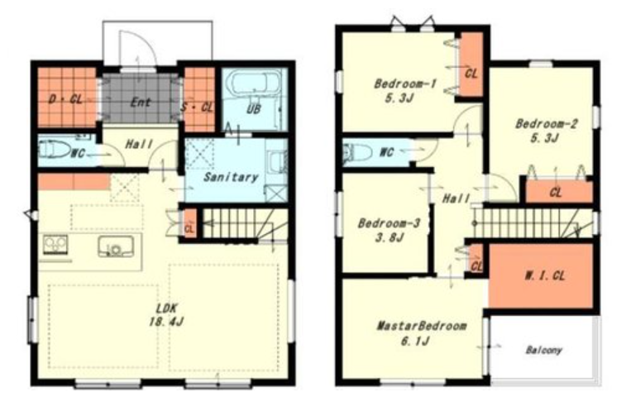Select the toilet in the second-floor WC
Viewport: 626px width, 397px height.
[356, 152]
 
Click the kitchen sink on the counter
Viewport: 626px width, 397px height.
[116, 246]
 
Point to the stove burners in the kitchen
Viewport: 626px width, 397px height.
[55, 245]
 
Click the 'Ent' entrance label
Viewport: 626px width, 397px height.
[141, 103]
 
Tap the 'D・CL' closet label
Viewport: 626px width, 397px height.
[66, 98]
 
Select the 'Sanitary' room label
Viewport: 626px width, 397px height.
[231, 176]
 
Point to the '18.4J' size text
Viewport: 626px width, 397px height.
[166, 321]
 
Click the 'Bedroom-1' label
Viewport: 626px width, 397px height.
[405, 84]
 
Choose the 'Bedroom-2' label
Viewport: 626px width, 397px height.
[546, 124]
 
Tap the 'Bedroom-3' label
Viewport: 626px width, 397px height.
[389, 222]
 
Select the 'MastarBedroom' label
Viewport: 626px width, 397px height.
[422, 326]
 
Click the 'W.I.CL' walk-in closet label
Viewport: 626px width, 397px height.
[545, 275]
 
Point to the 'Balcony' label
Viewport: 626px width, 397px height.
[544, 351]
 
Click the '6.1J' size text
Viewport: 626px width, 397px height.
[415, 341]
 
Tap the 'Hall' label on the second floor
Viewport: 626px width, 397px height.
[456, 198]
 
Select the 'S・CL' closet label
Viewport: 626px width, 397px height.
[197, 107]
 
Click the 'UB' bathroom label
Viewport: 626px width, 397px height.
[254, 108]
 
